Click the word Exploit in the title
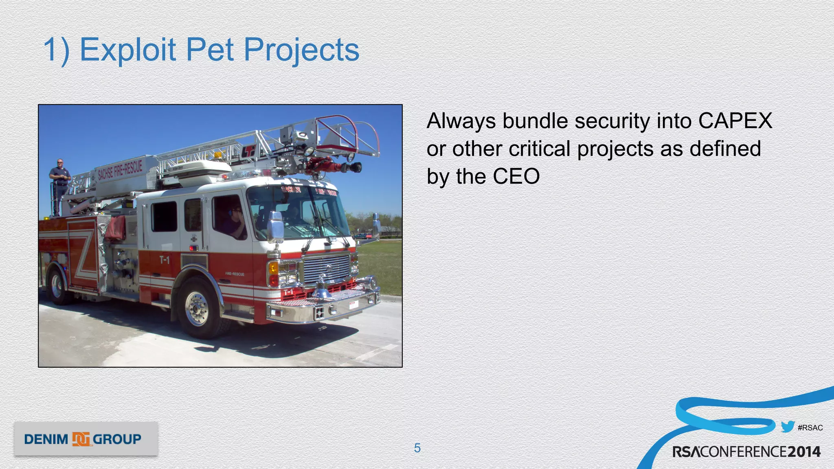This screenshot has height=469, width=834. pos(128,50)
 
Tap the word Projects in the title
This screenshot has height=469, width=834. pos(301,50)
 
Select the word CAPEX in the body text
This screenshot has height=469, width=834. pos(735,121)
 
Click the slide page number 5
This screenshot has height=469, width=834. pos(417,448)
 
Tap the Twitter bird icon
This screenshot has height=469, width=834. pos(788,427)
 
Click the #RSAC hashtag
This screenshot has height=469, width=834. pos(810,427)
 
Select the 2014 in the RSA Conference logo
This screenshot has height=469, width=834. pos(803,451)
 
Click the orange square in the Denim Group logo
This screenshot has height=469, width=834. pos(81,439)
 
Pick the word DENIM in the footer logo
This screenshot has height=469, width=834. pos(46,439)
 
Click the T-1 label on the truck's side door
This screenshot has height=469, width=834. pos(165,260)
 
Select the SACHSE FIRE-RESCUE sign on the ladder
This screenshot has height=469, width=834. pos(120,169)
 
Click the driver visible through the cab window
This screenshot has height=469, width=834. pos(236,222)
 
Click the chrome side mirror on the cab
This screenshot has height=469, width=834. pos(275,226)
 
